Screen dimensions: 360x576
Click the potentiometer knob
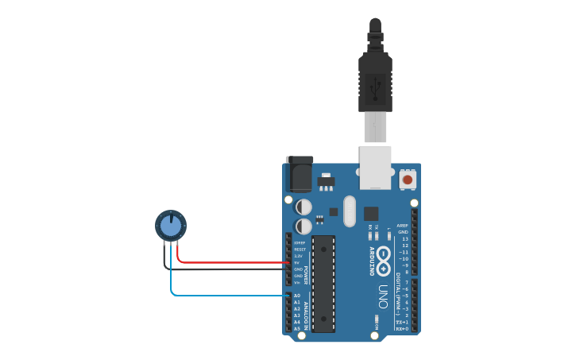(x=171, y=226)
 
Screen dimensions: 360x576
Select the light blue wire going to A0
(x=230, y=295)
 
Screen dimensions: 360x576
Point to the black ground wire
(x=230, y=269)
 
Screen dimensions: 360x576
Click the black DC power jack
(x=300, y=173)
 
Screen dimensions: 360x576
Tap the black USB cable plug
(x=375, y=79)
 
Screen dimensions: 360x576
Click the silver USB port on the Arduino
(x=375, y=168)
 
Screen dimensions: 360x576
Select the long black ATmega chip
(x=323, y=282)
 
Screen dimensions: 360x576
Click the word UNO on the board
(x=382, y=296)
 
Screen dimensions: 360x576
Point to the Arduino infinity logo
(x=384, y=261)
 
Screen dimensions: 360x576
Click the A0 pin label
(x=297, y=296)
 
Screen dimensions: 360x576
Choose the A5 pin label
(x=297, y=328)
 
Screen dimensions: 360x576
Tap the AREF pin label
(x=403, y=226)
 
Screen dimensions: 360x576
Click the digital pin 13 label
(x=404, y=238)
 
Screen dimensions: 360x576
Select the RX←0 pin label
(x=402, y=328)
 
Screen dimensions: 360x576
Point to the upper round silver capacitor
(x=303, y=207)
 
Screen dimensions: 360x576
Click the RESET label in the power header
(x=300, y=250)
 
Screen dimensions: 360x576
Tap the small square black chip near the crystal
(x=371, y=213)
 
